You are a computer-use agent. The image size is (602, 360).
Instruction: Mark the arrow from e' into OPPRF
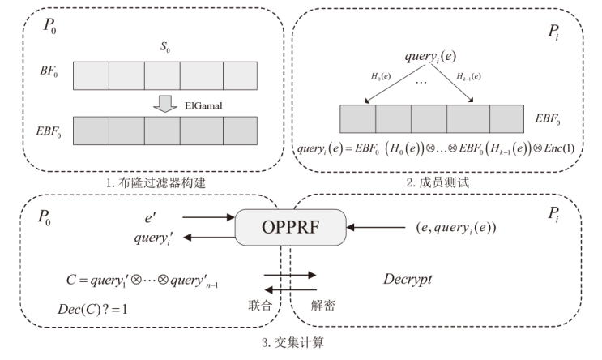point(207,216)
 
